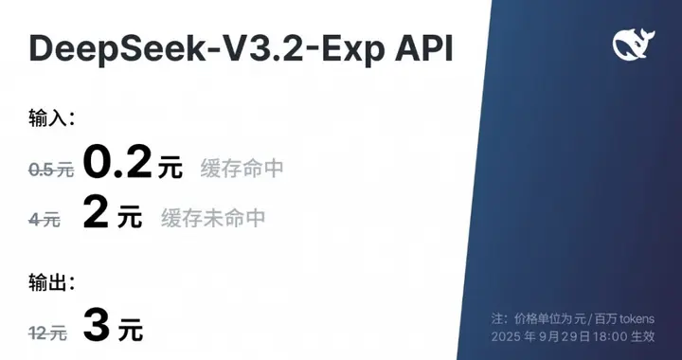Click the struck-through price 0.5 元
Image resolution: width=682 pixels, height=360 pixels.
[51, 170]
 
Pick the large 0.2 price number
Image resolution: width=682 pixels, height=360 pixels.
[117, 163]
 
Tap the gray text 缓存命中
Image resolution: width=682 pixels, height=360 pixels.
[242, 169]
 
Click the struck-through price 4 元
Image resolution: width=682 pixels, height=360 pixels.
[45, 219]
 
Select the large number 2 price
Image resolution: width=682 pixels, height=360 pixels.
[96, 213]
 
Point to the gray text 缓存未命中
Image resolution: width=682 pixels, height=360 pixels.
[213, 218]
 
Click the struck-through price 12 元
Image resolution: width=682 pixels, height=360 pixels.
[47, 333]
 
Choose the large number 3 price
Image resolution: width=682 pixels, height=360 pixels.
[97, 326]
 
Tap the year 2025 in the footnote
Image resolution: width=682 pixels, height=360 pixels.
[508, 336]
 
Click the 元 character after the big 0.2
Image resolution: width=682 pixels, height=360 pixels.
[170, 169]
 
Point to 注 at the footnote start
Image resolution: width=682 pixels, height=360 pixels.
[498, 317]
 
